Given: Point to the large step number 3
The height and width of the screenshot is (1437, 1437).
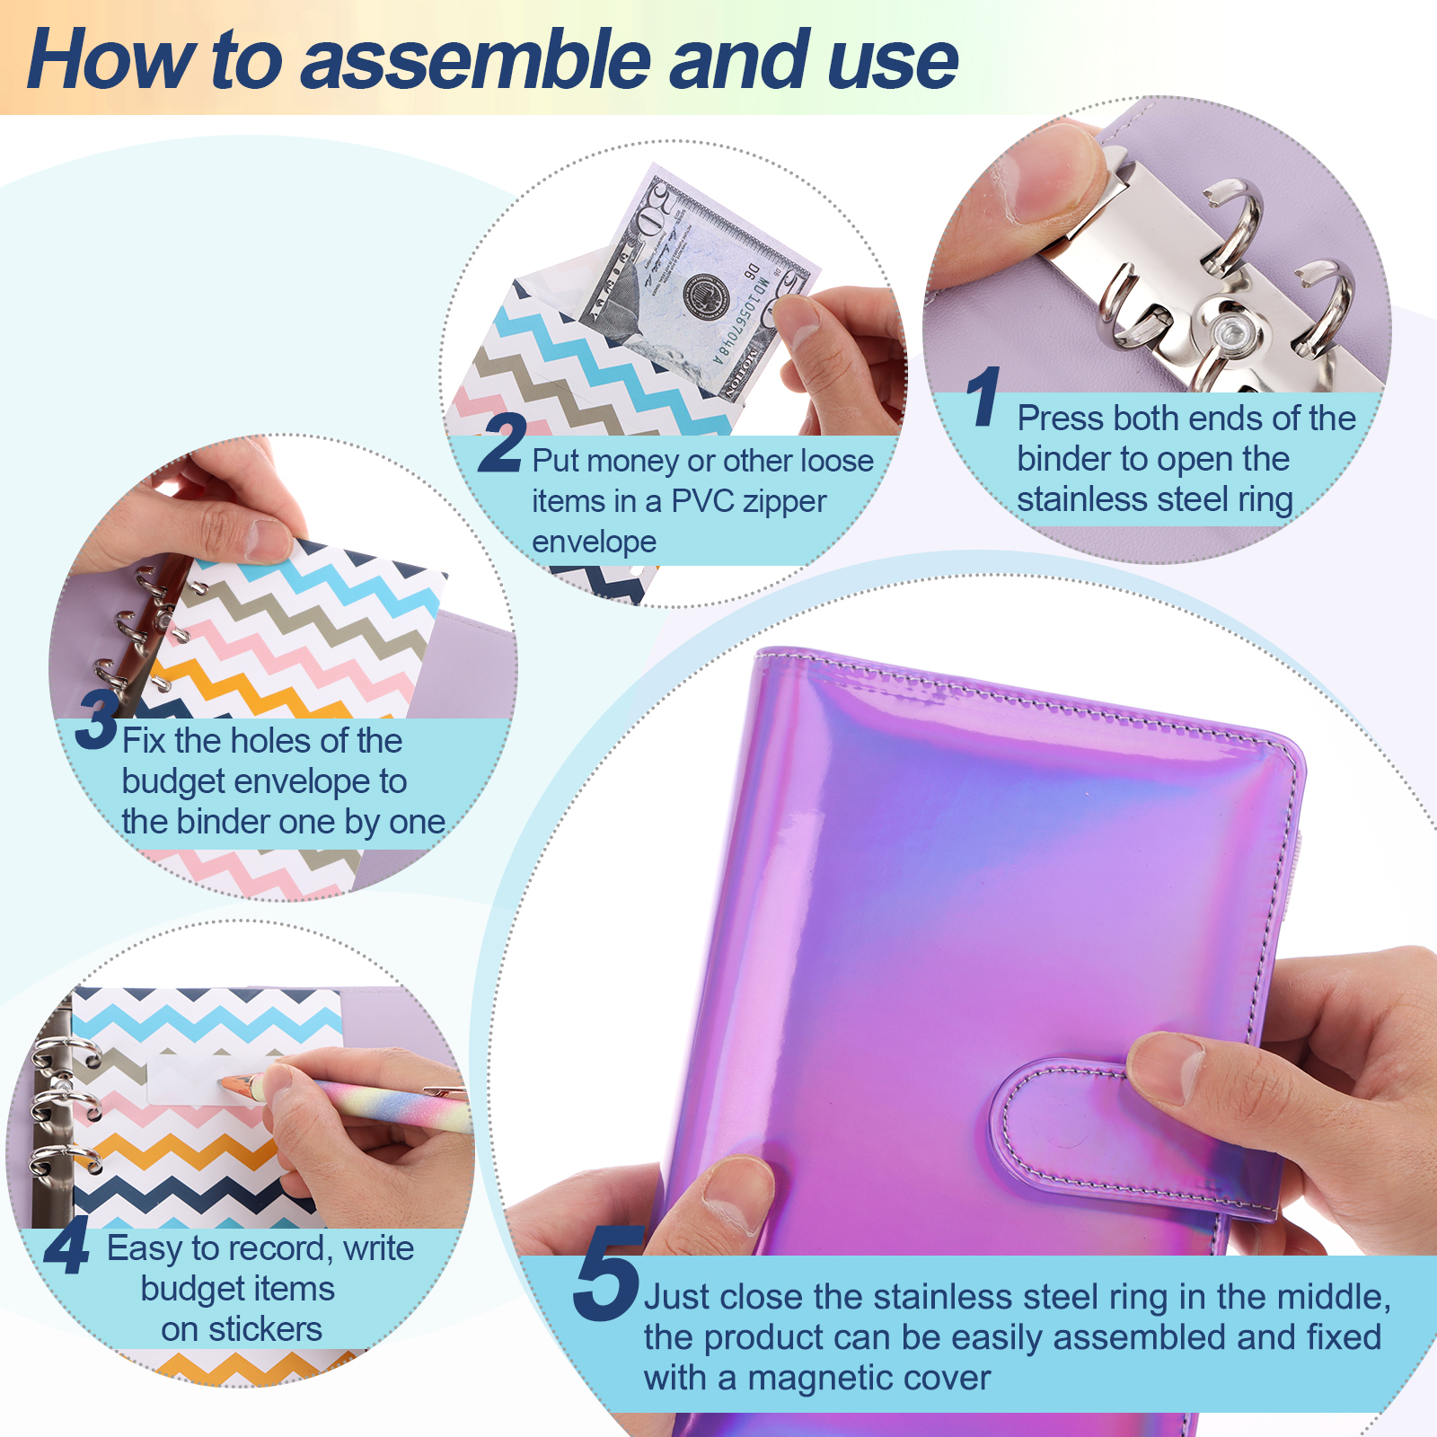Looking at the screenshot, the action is [x=97, y=718].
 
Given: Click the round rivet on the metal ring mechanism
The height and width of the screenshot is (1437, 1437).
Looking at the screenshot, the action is [x=1227, y=331].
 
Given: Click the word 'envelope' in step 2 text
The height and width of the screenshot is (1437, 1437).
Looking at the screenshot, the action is [x=594, y=542].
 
